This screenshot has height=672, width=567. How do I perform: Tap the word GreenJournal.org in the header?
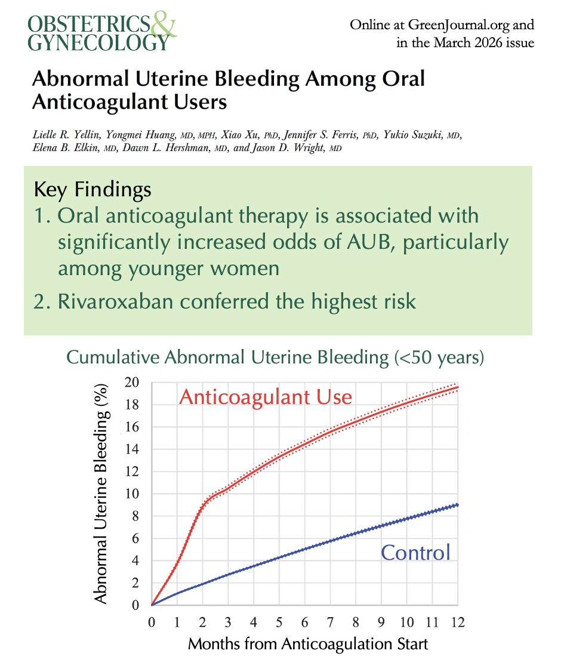coord(459,25)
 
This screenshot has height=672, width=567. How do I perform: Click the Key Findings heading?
coord(93,190)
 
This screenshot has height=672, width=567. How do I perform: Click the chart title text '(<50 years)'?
coord(439,357)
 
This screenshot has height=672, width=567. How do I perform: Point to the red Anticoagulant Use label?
coord(266,397)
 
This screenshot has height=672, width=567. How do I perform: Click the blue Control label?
coord(415,552)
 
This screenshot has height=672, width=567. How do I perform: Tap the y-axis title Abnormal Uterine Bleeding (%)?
coord(102,494)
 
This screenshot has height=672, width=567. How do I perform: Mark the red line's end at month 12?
coord(458,387)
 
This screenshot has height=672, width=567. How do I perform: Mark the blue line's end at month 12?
coord(458,504)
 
